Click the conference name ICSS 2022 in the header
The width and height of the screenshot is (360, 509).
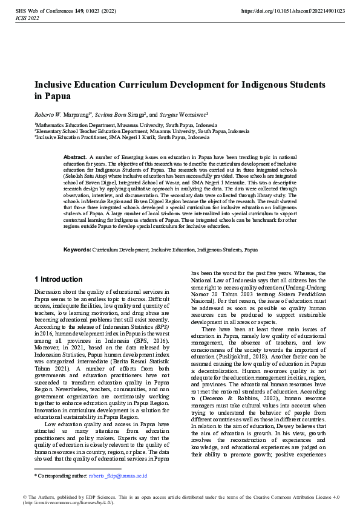tap(26, 19)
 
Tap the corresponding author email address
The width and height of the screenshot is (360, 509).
tap(117, 476)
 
